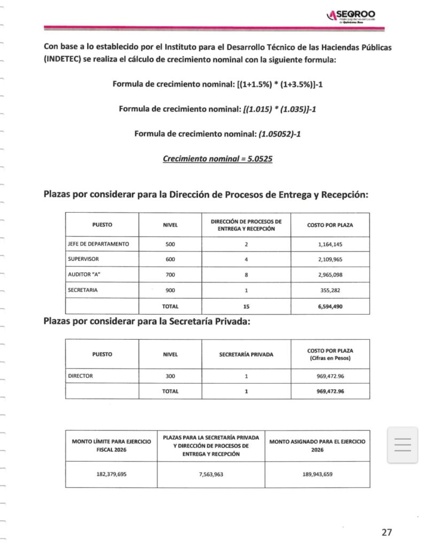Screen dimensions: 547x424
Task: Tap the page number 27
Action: [x=387, y=532]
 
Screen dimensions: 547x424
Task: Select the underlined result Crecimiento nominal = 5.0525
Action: [x=218, y=159]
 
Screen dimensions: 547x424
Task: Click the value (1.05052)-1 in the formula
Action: [x=279, y=134]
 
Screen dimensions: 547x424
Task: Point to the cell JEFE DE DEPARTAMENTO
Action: [x=98, y=244]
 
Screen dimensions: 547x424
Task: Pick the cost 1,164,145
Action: [x=330, y=244]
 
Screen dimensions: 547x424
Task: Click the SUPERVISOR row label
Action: [x=84, y=259]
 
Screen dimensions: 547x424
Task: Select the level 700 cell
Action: [x=170, y=275]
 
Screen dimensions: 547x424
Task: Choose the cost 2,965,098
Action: [x=330, y=275]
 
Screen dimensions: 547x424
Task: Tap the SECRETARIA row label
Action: [x=83, y=290]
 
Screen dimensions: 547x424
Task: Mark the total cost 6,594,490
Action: [x=330, y=307]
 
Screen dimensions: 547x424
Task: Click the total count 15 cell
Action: [x=246, y=307]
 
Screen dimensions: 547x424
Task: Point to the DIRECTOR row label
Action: [x=81, y=376]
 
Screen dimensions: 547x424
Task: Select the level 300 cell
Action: [x=170, y=376]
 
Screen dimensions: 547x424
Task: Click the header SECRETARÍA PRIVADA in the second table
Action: [x=246, y=354]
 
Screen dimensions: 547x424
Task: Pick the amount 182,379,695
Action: [x=111, y=474]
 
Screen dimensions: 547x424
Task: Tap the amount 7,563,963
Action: [x=211, y=474]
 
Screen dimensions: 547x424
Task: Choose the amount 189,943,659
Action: [x=317, y=474]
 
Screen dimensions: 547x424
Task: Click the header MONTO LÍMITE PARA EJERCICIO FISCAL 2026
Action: [x=111, y=446]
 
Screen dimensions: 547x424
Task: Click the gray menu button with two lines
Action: [x=402, y=445]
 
